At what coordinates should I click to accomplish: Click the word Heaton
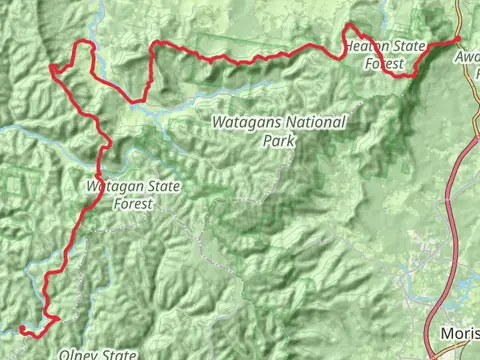(364, 47)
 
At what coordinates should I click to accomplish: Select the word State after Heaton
(405, 47)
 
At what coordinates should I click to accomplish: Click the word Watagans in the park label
(247, 123)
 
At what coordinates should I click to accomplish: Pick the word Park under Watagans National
(279, 140)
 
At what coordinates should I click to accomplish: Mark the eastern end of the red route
(458, 38)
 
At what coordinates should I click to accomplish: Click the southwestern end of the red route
(21, 327)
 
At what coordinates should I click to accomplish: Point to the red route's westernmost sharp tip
(51, 68)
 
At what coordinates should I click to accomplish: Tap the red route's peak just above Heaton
(351, 25)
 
